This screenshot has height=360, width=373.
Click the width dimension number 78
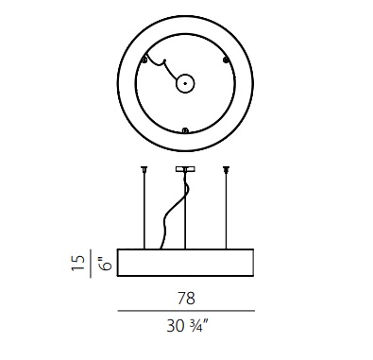click(186, 299)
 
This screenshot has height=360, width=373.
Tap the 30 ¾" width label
click(188, 326)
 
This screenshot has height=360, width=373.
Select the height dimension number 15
click(78, 263)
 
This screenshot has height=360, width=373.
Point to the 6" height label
click(107, 264)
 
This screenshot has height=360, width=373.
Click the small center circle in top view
click(185, 83)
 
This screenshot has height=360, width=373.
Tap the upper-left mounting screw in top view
click(144, 60)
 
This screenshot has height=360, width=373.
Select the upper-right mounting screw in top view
click(226, 60)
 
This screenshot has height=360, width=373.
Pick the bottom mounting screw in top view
click(185, 130)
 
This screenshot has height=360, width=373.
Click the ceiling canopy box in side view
click(185, 169)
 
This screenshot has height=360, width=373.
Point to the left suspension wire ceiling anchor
click(144, 169)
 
